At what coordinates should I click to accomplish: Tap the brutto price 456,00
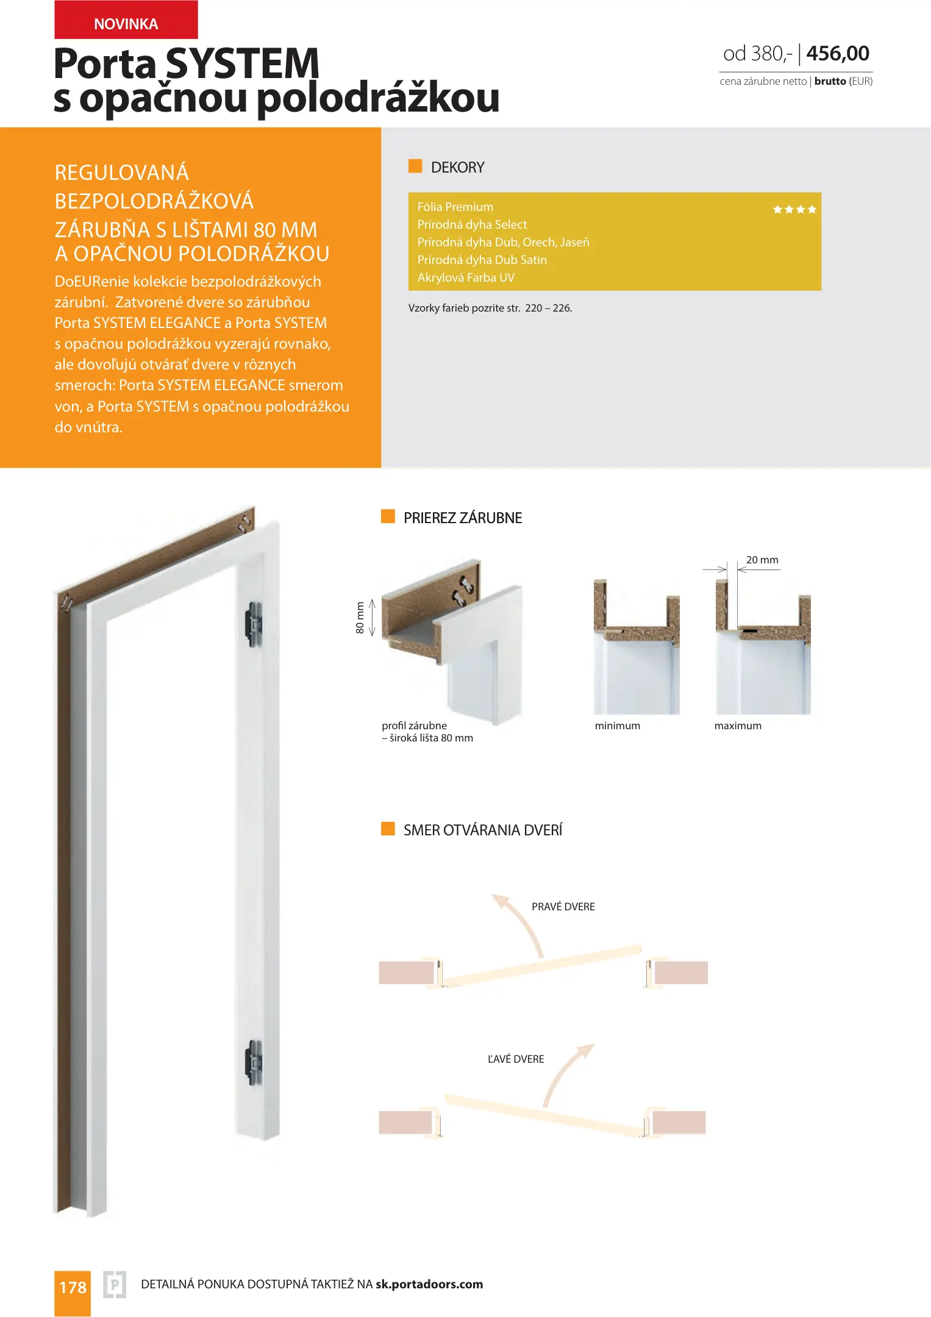pos(838,54)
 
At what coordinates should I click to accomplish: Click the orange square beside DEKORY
pos(415,166)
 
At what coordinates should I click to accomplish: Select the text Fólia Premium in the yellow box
pos(455,207)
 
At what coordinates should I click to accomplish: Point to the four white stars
pos(794,210)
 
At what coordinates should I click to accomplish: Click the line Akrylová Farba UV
pos(466,278)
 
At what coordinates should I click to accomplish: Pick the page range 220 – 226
pos(549,309)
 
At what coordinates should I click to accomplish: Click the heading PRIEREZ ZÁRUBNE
pos(463,518)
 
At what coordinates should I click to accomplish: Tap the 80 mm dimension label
pos(360,618)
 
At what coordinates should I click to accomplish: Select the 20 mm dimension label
pos(762,560)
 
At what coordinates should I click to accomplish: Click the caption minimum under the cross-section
pos(618,726)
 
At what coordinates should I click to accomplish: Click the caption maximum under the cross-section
pos(738,726)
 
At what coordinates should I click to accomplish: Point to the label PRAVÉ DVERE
pos(563,907)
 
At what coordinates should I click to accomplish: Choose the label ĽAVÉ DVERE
pos(516,1059)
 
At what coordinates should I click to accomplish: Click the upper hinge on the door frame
pos(254,624)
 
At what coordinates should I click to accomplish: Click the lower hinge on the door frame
pos(254,1062)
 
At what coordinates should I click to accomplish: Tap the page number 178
pos(73,1288)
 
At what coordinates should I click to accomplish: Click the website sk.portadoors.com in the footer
pos(429,1284)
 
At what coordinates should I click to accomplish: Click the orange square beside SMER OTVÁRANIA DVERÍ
pos(388,829)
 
